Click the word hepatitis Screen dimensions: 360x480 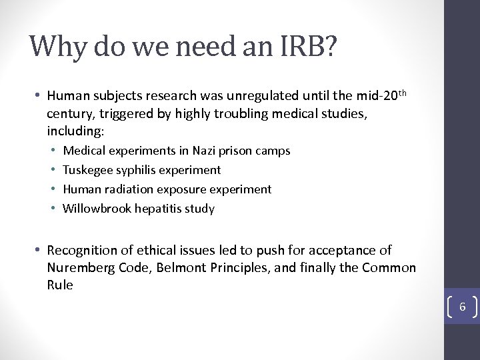tap(157, 209)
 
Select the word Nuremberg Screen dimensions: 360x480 tap(79, 268)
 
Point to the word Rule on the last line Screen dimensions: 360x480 tap(60, 285)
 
